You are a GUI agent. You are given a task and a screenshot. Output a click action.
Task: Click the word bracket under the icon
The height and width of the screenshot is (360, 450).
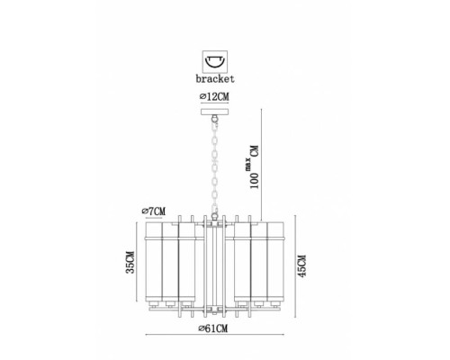click(x=215, y=78)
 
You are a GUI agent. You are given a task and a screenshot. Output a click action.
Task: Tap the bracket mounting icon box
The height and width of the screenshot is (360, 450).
click(x=215, y=61)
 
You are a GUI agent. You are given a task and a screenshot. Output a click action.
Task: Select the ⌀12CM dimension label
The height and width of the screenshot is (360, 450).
click(x=214, y=96)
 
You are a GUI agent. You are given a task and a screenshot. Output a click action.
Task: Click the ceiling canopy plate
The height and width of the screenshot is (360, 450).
click(x=214, y=112)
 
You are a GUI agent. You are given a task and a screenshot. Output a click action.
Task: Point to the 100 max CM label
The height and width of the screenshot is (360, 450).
click(x=252, y=166)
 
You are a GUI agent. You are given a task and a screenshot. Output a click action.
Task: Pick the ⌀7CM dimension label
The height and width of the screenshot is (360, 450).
click(x=154, y=211)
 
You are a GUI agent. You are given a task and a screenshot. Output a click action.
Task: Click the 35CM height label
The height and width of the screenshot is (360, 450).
click(x=130, y=262)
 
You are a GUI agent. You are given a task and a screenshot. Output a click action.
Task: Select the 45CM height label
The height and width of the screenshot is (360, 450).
click(x=301, y=265)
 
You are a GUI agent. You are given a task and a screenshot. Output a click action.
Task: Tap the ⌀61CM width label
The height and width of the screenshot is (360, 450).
click(x=213, y=328)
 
